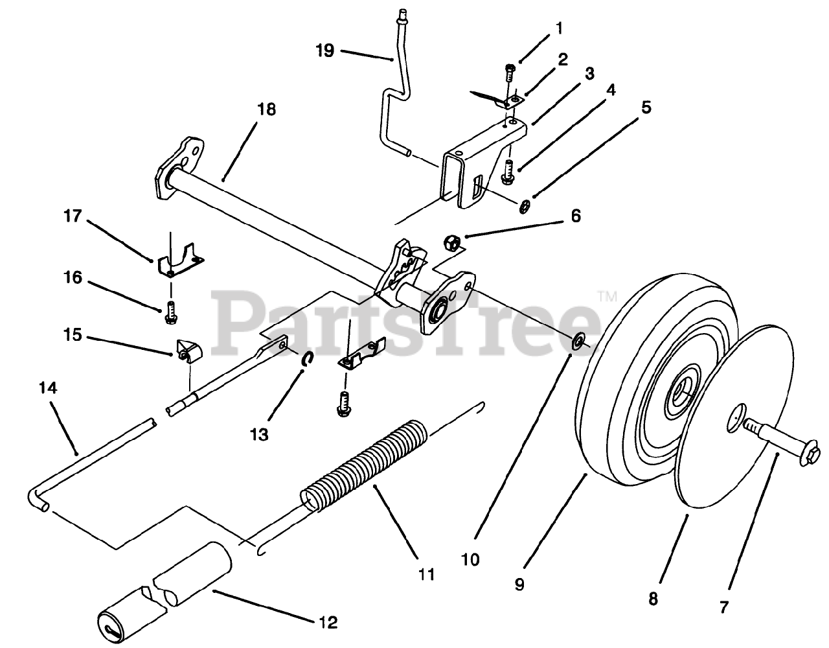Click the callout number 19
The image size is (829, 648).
pyautogui.click(x=325, y=50)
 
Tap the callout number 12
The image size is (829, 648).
pyautogui.click(x=328, y=623)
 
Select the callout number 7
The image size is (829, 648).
pyautogui.click(x=723, y=607)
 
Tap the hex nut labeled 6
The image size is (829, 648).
pyautogui.click(x=452, y=244)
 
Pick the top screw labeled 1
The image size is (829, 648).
pyautogui.click(x=509, y=71)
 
